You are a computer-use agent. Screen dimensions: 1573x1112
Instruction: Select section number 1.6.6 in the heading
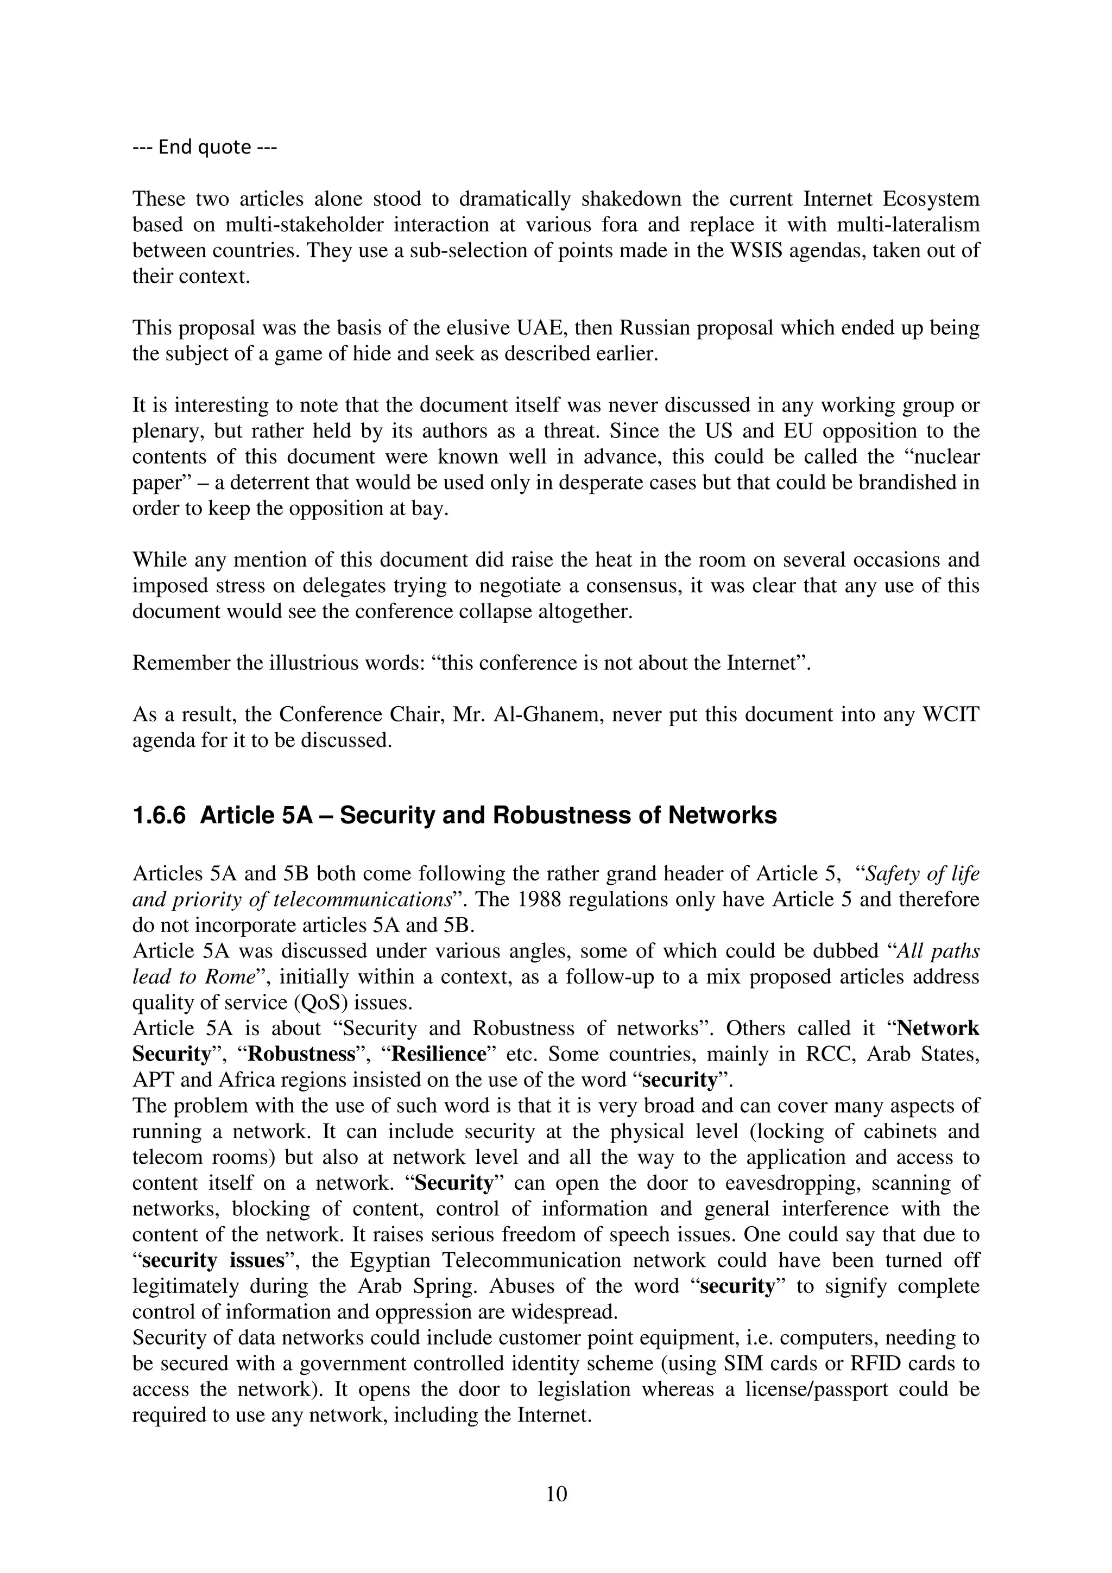[x=159, y=815]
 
